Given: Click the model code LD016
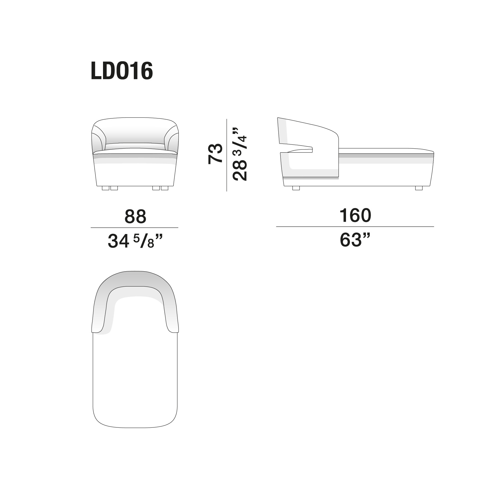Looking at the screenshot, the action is tap(122, 71).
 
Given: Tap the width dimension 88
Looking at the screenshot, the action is tap(135, 216).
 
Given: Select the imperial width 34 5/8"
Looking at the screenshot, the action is tap(135, 241).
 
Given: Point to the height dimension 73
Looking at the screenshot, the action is tap(215, 153).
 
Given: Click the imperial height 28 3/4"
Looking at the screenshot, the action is tap(240, 155).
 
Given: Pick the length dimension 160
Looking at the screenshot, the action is tap(355, 215).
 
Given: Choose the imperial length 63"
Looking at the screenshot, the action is tap(355, 240).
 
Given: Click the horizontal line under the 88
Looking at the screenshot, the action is tap(134, 228).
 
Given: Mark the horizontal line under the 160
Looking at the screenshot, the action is tap(355, 226).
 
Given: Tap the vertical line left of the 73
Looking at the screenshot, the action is tap(226, 155).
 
